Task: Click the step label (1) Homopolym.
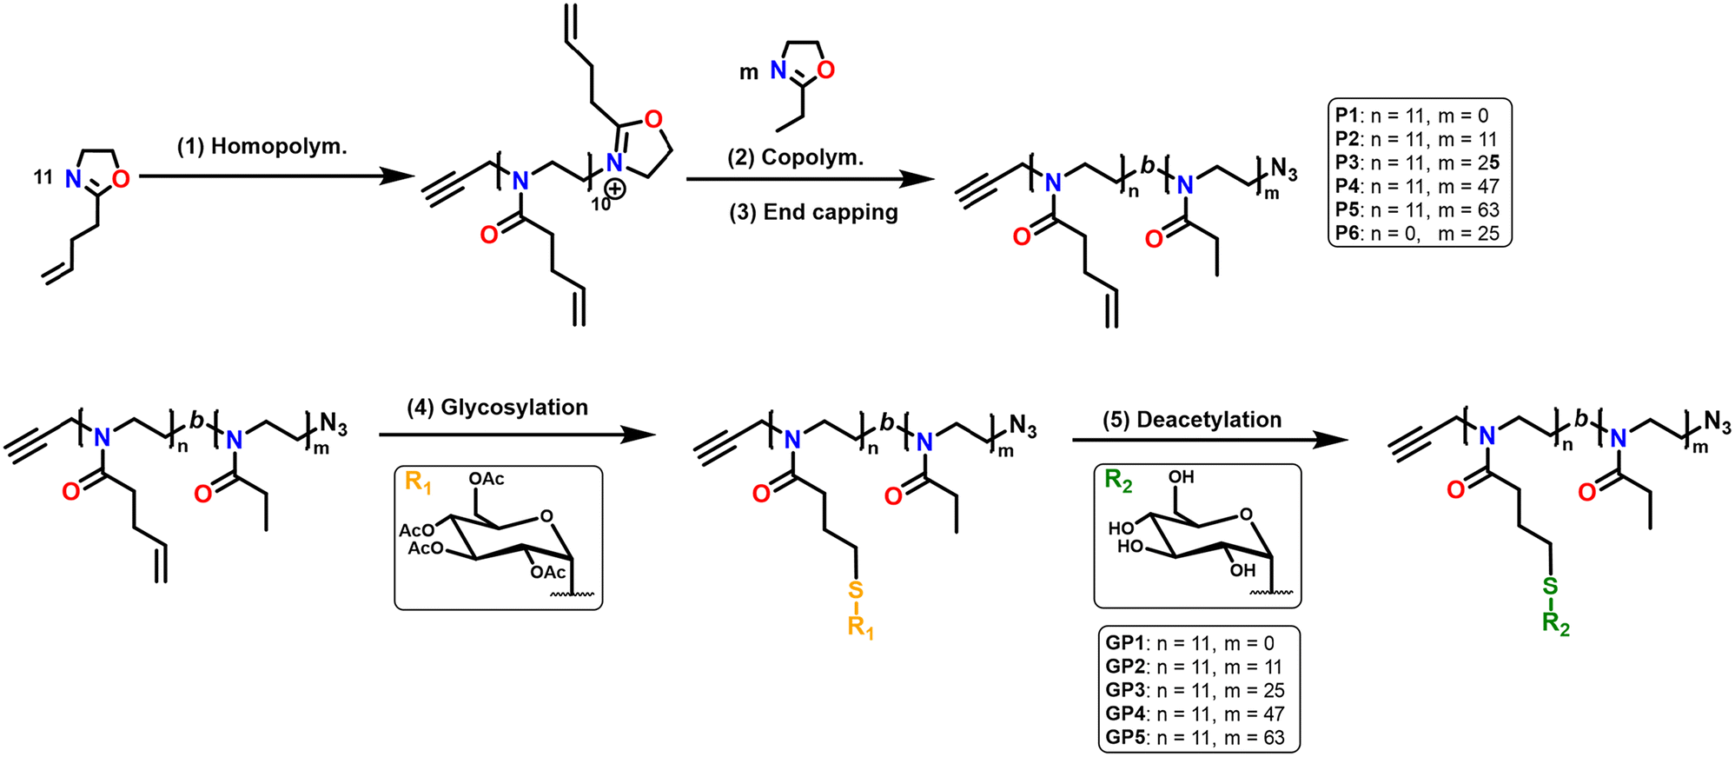click(262, 146)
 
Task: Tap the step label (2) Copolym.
click(795, 158)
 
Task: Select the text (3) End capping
click(813, 213)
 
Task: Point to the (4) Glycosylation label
click(497, 407)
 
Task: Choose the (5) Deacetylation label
click(1191, 420)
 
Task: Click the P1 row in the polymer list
click(1412, 116)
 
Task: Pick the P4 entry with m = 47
click(1417, 186)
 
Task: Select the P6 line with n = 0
click(1417, 233)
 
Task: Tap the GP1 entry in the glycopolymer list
click(1189, 643)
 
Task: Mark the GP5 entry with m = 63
click(1195, 738)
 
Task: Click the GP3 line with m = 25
click(1195, 691)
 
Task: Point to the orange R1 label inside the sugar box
click(418, 482)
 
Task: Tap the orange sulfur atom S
click(855, 591)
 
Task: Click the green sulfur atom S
click(1550, 588)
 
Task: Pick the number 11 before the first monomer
click(43, 177)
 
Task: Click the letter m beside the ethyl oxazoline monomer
click(749, 73)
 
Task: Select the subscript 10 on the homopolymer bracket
click(600, 205)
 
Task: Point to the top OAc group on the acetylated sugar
click(487, 479)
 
